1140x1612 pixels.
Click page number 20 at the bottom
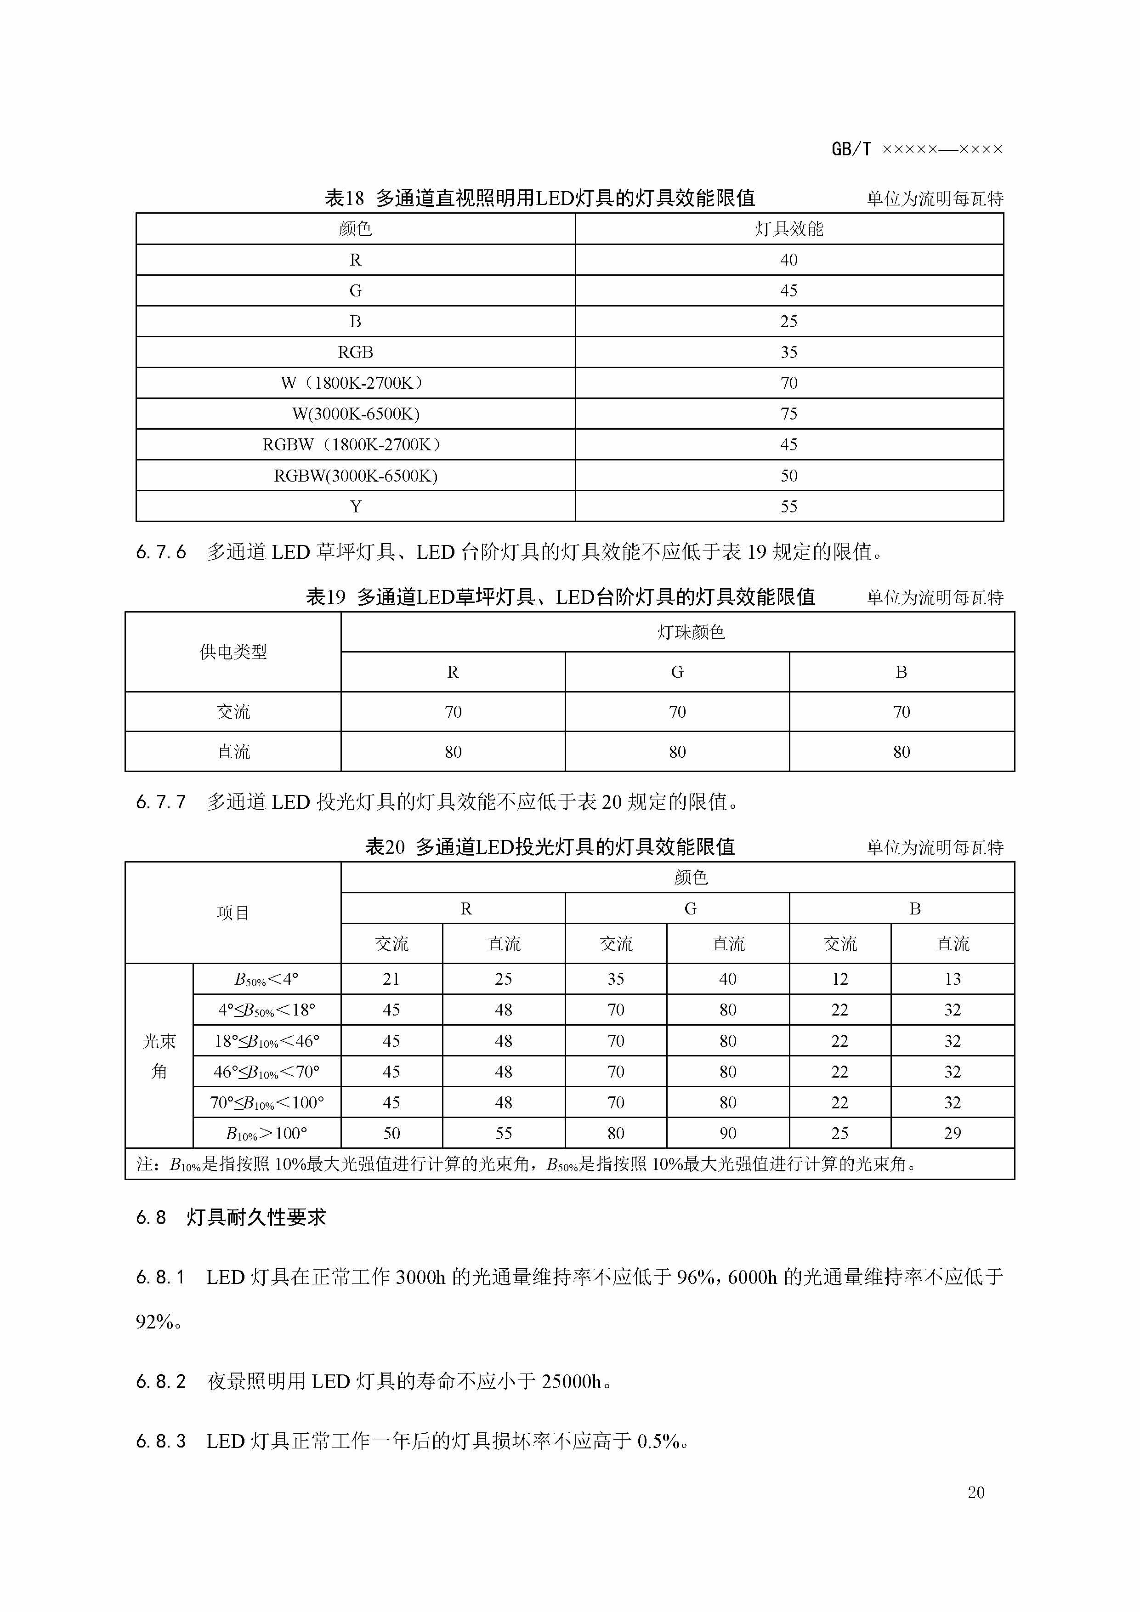pyautogui.click(x=976, y=1493)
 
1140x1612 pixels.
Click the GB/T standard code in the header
pyautogui.click(x=917, y=149)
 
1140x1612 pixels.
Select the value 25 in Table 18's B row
pyautogui.click(x=788, y=322)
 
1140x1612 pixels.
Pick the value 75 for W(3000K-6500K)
pyautogui.click(x=788, y=414)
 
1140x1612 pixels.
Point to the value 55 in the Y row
pyautogui.click(x=788, y=507)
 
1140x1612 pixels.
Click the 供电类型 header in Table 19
pyautogui.click(x=233, y=652)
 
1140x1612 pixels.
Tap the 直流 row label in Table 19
pyautogui.click(x=233, y=752)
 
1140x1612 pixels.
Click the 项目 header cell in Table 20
pyautogui.click(x=233, y=913)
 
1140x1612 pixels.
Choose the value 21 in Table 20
pyautogui.click(x=391, y=979)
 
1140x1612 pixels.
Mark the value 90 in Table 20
pyautogui.click(x=728, y=1133)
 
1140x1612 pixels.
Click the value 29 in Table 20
pyautogui.click(x=952, y=1133)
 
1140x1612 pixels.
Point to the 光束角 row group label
pyautogui.click(x=159, y=1056)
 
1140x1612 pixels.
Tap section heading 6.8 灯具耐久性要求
pyautogui.click(x=231, y=1217)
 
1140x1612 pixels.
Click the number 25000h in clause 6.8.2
pyautogui.click(x=572, y=1382)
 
